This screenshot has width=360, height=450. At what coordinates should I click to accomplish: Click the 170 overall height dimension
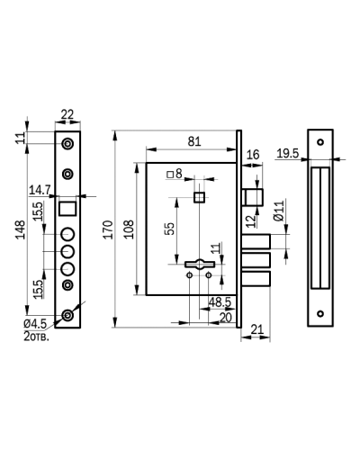pyautogui.click(x=108, y=229)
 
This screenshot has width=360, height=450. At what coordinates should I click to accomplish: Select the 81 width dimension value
pyautogui.click(x=194, y=141)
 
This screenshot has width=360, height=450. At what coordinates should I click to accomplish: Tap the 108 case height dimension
pyautogui.click(x=130, y=229)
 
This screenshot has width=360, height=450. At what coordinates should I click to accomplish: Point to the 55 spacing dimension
pyautogui.click(x=170, y=229)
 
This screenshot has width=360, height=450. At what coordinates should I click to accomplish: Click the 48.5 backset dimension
pyautogui.click(x=220, y=302)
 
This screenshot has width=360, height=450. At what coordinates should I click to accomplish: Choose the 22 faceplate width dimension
pyautogui.click(x=67, y=114)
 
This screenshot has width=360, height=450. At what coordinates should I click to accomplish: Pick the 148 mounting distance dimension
pyautogui.click(x=21, y=229)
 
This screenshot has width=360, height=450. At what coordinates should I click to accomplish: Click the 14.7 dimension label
pyautogui.click(x=40, y=190)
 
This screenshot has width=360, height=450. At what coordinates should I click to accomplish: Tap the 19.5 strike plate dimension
pyautogui.click(x=288, y=154)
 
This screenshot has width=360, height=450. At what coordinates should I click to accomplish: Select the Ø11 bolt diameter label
pyautogui.click(x=279, y=211)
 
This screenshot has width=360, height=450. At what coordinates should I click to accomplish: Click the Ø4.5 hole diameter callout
pyautogui.click(x=35, y=324)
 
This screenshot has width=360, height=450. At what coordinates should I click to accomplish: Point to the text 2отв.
pyautogui.click(x=36, y=337)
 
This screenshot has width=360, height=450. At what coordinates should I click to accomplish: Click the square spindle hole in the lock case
pyautogui.click(x=199, y=197)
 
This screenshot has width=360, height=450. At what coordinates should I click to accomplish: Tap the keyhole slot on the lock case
pyautogui.click(x=200, y=264)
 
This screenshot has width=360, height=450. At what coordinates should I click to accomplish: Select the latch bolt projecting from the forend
pyautogui.click(x=253, y=197)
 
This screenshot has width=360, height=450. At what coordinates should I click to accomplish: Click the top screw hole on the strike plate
pyautogui.click(x=320, y=142)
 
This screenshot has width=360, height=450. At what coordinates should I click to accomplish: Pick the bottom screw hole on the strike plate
pyautogui.click(x=320, y=314)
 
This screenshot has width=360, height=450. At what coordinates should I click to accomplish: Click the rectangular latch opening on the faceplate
pyautogui.click(x=67, y=209)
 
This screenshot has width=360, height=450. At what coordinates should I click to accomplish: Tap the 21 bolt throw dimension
pyautogui.click(x=256, y=329)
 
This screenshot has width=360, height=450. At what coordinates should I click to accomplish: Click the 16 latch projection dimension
pyautogui.click(x=253, y=155)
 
